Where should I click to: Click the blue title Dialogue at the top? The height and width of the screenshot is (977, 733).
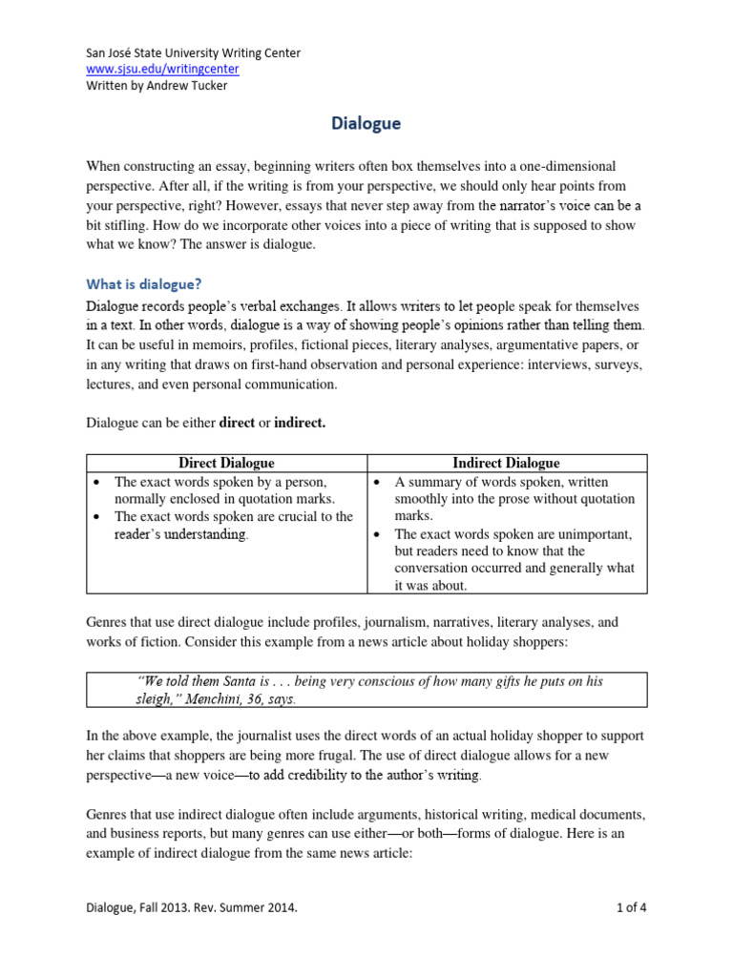366,123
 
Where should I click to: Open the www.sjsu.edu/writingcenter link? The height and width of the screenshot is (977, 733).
162,70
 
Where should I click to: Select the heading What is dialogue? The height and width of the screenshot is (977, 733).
144,283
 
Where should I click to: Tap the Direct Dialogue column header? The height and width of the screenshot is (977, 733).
227,463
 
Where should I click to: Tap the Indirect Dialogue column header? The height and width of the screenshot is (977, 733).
506,463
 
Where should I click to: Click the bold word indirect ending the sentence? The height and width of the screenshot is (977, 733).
300,423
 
